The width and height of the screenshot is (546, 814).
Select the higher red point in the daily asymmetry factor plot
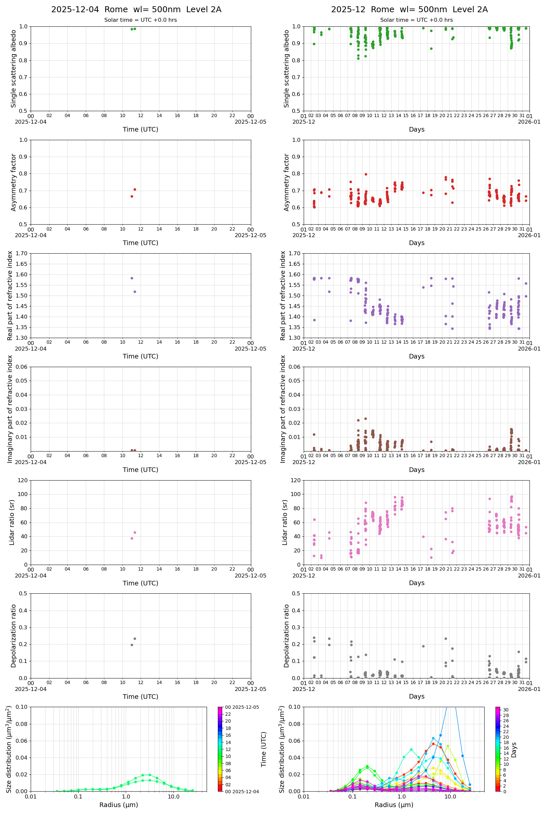pyautogui.click(x=135, y=190)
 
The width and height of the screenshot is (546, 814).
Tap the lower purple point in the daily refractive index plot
pyautogui.click(x=135, y=292)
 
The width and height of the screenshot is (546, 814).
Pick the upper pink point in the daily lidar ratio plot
pyautogui.click(x=135, y=533)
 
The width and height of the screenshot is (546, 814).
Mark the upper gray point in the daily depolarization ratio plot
pyautogui.click(x=135, y=639)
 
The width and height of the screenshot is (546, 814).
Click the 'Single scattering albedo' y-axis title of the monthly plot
pyautogui.click(x=287, y=69)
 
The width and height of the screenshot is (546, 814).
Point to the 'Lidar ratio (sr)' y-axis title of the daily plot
pyautogui.click(x=12, y=522)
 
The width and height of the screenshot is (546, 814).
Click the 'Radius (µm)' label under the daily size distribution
pyautogui.click(x=119, y=805)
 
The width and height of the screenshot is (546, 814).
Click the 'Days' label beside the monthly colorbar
pyautogui.click(x=514, y=750)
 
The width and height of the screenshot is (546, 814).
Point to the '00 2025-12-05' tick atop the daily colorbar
pyautogui.click(x=242, y=707)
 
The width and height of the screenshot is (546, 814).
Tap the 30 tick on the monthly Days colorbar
pyautogui.click(x=506, y=710)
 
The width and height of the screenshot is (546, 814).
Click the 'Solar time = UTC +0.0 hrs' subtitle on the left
pyautogui.click(x=140, y=20)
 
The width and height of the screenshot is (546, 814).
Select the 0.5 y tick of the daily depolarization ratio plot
pyautogui.click(x=23, y=593)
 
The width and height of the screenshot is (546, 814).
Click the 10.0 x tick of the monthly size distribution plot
pyautogui.click(x=450, y=797)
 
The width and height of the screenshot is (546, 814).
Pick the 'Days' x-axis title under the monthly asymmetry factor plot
pyautogui.click(x=417, y=243)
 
